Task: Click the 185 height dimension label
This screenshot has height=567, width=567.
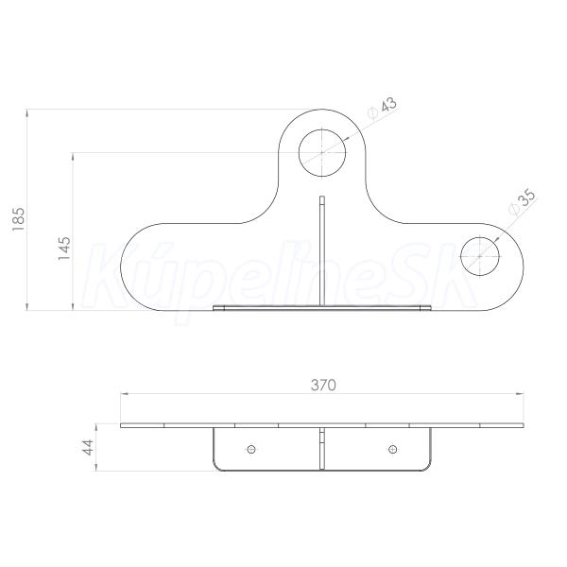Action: [18, 219]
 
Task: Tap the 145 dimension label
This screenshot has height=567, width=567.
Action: [64, 248]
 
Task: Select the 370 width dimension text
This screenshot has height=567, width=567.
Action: [323, 386]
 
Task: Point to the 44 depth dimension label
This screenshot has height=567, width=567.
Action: [88, 447]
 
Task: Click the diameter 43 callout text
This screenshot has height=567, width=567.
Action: [382, 108]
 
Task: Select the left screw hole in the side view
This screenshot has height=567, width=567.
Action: [251, 450]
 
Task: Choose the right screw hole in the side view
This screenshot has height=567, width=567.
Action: [393, 450]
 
